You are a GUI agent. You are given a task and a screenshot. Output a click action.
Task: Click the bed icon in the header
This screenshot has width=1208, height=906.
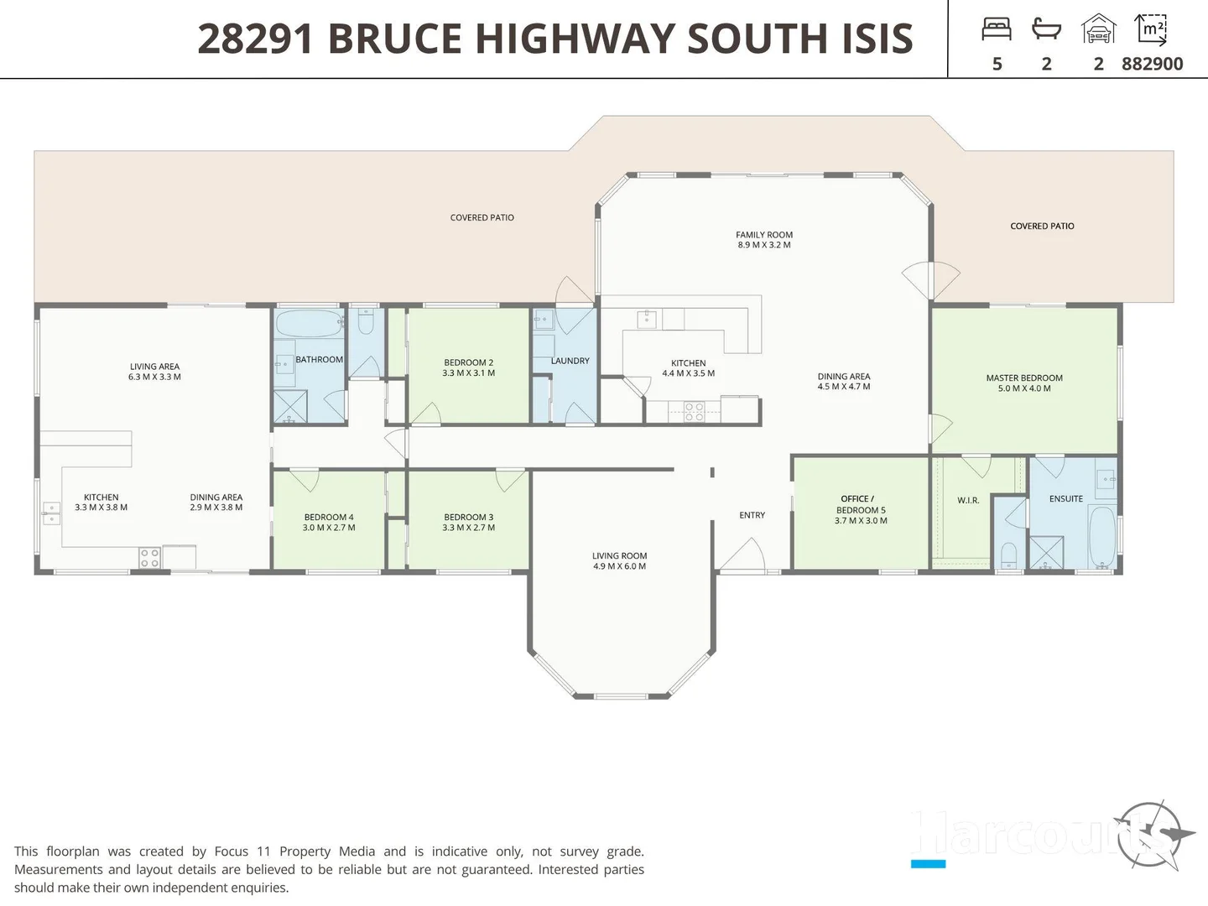(997, 30)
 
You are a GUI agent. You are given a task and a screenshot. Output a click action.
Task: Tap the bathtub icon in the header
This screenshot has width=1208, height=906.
(1046, 30)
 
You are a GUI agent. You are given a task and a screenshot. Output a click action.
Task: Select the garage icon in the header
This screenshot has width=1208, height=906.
(1098, 29)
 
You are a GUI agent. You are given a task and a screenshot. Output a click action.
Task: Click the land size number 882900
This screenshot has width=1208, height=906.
(1152, 64)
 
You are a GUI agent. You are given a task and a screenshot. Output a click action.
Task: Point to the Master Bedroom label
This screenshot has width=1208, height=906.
(1023, 378)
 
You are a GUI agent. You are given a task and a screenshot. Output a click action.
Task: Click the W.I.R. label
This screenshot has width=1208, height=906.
(968, 501)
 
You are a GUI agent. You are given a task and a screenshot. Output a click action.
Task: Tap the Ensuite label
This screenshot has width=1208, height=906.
(1065, 499)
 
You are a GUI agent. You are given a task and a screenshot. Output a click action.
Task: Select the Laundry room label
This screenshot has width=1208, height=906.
(570, 361)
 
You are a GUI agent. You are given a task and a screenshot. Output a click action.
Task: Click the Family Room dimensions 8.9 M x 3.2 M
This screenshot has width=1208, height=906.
(763, 245)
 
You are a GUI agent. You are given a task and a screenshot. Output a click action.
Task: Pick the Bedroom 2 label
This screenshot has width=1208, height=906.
(468, 363)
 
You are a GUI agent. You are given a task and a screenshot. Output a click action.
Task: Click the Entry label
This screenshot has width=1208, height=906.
(752, 515)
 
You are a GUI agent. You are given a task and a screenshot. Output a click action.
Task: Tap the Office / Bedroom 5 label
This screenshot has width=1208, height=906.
(860, 504)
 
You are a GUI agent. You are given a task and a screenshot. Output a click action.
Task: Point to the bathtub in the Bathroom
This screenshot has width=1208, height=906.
(309, 323)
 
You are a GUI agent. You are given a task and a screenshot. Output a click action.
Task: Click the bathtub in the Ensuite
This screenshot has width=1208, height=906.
(1101, 536)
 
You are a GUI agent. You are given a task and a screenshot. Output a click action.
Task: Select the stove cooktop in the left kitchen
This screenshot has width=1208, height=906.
(149, 558)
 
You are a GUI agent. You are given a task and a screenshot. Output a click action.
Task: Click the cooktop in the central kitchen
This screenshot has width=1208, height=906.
(694, 411)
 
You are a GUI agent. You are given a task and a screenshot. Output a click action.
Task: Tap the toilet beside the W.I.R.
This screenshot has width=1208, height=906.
(1009, 555)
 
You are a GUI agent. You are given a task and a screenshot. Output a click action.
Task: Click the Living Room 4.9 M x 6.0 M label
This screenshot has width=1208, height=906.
(619, 561)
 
